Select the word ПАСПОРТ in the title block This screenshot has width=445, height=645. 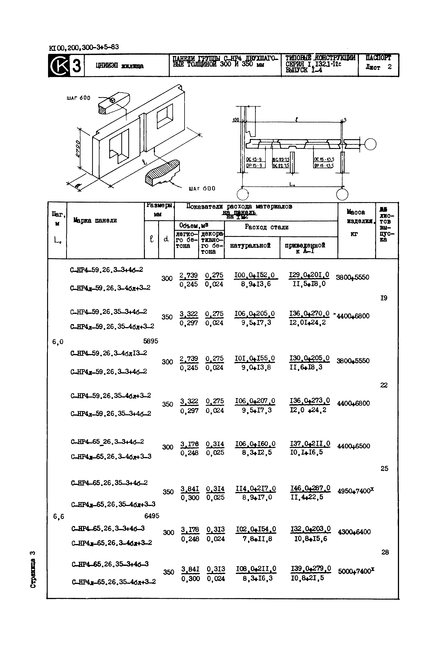pyautogui.click(x=378, y=58)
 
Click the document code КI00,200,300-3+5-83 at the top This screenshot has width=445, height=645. pyautogui.click(x=84, y=47)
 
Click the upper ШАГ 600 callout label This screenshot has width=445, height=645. pyautogui.click(x=79, y=98)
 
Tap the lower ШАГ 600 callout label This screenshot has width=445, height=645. pyautogui.click(x=202, y=189)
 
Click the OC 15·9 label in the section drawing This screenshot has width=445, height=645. pyautogui.click(x=254, y=160)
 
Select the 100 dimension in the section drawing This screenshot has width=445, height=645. pyautogui.click(x=236, y=120)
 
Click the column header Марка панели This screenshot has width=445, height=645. pyautogui.click(x=95, y=221)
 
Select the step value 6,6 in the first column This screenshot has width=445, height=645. pyautogui.click(x=59, y=517)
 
